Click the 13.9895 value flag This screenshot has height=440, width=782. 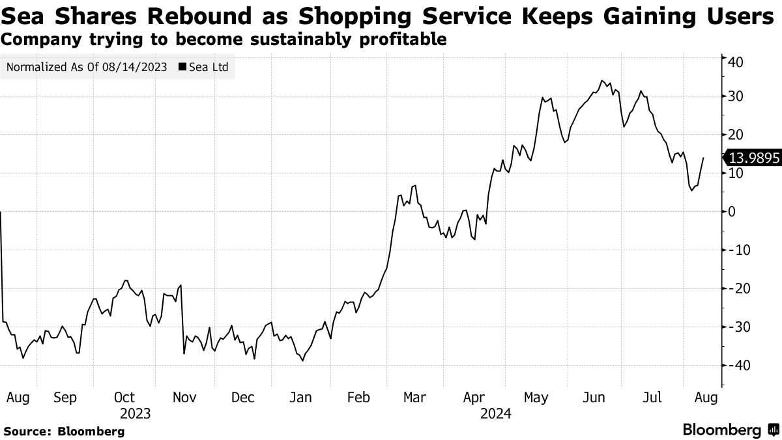pos(753,157)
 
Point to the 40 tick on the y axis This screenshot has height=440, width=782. pos(736,61)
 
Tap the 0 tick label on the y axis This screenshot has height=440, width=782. pos(732,211)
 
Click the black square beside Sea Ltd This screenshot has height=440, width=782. pos(182,66)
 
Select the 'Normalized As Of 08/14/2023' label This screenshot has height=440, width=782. pos(86,66)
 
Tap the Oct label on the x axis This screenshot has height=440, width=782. pos(124,398)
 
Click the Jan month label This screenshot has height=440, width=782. pos(300,398)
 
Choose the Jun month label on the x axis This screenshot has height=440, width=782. pos(594,398)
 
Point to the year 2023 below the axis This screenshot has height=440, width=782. pos(136,413)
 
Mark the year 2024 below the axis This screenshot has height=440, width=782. pos(496,413)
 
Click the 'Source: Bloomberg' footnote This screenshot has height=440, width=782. pos(64,431)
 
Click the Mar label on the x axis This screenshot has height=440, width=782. pos(415,398)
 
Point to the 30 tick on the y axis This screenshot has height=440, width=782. pos(736,96)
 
